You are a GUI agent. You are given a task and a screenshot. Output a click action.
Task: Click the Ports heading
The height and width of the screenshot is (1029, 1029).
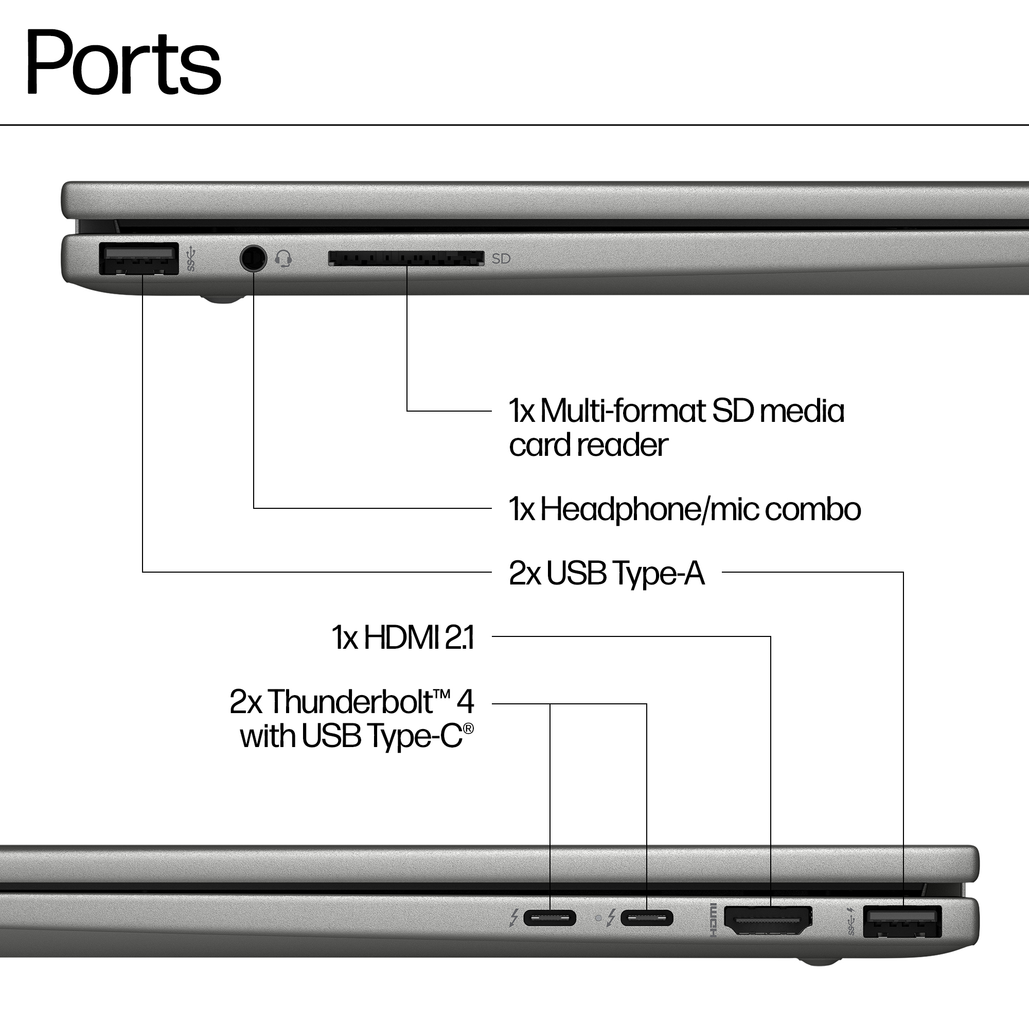pyautogui.click(x=123, y=63)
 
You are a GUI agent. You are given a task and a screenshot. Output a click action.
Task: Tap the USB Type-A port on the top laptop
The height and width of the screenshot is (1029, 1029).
pyautogui.click(x=138, y=258)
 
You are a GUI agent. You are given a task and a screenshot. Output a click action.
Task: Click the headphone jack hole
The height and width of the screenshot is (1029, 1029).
pyautogui.click(x=253, y=259)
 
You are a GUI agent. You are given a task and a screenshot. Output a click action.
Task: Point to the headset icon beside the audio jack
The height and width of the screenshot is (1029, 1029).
pyautogui.click(x=283, y=259)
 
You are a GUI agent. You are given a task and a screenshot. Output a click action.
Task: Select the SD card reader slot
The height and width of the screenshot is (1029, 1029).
pyautogui.click(x=406, y=259)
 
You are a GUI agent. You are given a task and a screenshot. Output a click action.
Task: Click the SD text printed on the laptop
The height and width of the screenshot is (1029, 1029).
pyautogui.click(x=501, y=259)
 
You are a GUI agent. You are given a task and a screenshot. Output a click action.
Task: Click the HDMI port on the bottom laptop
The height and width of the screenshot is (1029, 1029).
pyautogui.click(x=768, y=920)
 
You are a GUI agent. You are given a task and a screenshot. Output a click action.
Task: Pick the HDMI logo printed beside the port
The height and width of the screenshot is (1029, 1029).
pyautogui.click(x=713, y=920)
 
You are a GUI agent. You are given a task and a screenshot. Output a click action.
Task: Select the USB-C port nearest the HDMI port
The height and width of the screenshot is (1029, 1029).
pyautogui.click(x=647, y=918)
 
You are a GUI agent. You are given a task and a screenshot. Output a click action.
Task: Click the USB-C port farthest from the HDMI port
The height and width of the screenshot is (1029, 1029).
pyautogui.click(x=549, y=918)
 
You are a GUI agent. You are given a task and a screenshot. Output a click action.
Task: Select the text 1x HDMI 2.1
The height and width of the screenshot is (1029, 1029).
pyautogui.click(x=403, y=637)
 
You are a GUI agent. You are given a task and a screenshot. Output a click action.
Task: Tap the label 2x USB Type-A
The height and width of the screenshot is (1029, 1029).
pyautogui.click(x=607, y=573)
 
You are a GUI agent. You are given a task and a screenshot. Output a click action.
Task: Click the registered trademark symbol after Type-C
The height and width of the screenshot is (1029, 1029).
pyautogui.click(x=468, y=728)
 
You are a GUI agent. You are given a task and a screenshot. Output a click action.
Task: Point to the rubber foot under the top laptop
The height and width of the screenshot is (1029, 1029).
pyautogui.click(x=222, y=300)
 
